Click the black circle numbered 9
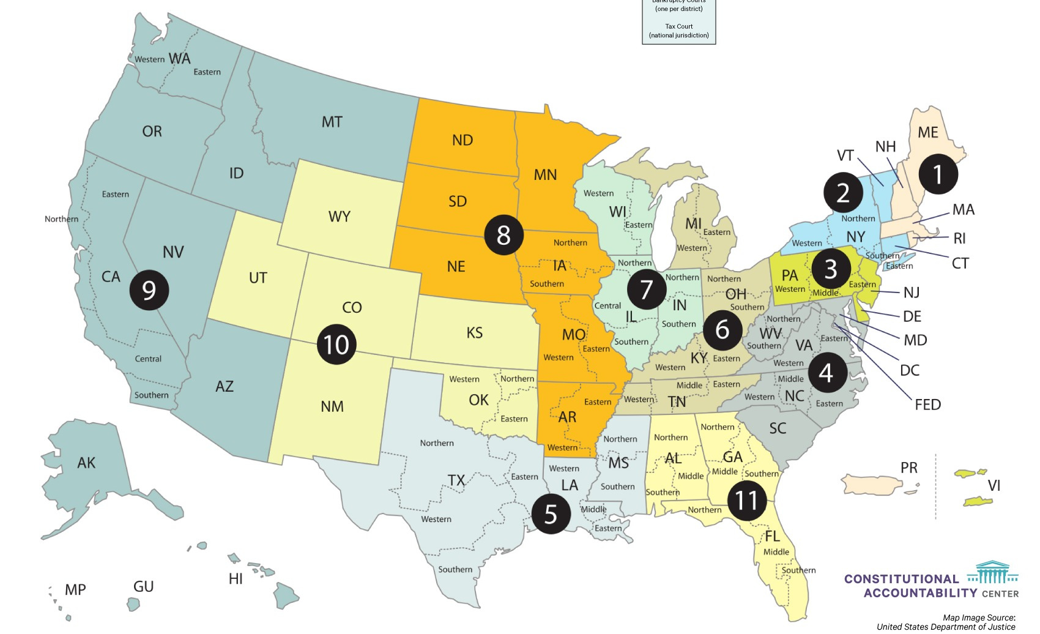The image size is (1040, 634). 149,289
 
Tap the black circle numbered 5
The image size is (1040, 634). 551,513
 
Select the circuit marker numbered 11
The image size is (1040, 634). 746,500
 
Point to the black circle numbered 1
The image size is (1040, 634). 938,174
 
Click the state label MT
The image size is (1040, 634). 332,122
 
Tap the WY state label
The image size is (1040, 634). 339,216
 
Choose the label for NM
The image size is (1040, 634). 332,406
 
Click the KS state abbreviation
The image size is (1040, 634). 474,332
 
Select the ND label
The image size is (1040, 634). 462,140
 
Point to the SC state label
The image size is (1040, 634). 778,428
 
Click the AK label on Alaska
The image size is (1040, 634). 86,463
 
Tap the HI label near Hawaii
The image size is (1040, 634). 236,578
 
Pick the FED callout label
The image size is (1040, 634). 927,405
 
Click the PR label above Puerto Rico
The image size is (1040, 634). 908,468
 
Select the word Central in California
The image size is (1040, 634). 148,359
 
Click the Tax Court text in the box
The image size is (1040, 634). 679,26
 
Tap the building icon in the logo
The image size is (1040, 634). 992,573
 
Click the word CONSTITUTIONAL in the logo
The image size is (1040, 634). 901,579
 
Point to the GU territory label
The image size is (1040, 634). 143,586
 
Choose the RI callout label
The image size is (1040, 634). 959,238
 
